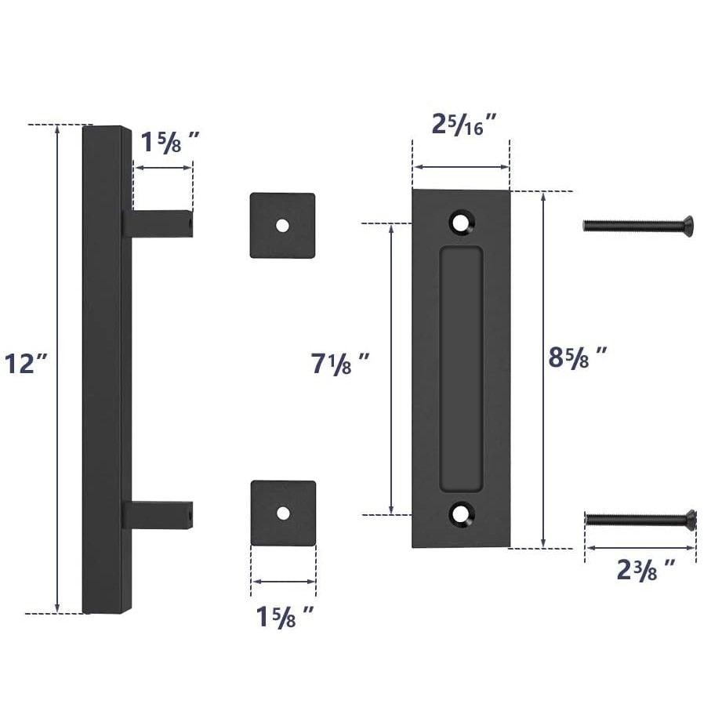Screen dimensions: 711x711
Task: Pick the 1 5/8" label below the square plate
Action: tap(285, 615)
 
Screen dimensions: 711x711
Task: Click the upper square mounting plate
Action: tap(282, 225)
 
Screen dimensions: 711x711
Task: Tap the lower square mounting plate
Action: tap(283, 513)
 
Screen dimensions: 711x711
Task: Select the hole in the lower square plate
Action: tap(283, 513)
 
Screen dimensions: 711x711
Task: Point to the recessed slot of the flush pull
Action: tap(461, 368)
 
